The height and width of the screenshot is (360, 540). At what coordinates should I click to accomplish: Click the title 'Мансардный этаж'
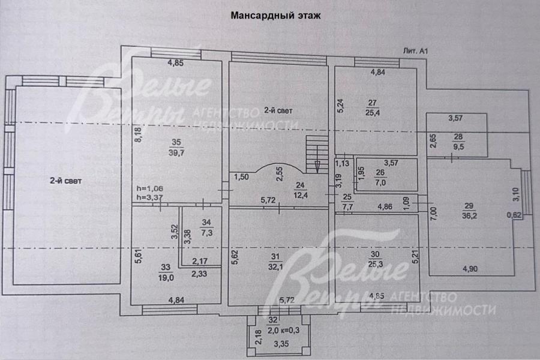click(276, 16)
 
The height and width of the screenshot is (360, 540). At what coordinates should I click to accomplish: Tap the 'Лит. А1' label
click(415, 52)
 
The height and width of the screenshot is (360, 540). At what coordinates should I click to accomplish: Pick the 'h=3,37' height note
click(150, 198)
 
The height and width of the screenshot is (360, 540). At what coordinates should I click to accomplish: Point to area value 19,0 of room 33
click(167, 278)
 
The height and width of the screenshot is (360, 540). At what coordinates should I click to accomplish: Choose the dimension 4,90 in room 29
click(470, 268)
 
